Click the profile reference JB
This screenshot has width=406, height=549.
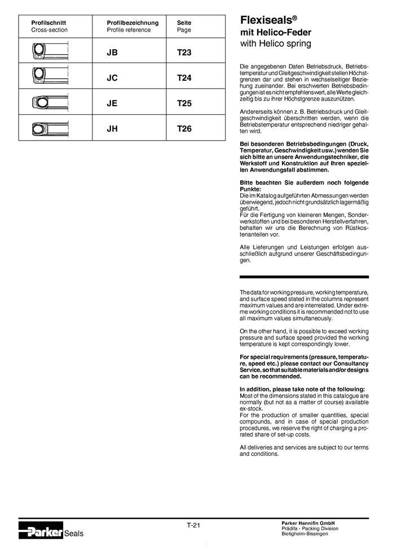point(112,53)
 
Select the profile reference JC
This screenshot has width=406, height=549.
point(112,78)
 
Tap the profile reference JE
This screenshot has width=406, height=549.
point(112,103)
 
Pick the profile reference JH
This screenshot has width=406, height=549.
point(112,129)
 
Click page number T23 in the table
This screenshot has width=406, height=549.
point(184,53)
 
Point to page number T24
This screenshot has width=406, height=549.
point(184,78)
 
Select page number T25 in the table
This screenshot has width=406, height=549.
point(184,103)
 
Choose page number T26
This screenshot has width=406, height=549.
point(184,129)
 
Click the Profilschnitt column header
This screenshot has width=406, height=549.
point(48,23)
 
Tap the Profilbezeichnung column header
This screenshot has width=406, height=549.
point(133,23)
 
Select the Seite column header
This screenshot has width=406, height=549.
point(184,23)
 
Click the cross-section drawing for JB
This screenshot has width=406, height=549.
point(50,51)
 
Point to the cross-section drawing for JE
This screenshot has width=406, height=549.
point(50,102)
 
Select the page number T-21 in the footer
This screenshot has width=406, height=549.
point(194,525)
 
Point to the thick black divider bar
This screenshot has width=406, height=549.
point(304,277)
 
